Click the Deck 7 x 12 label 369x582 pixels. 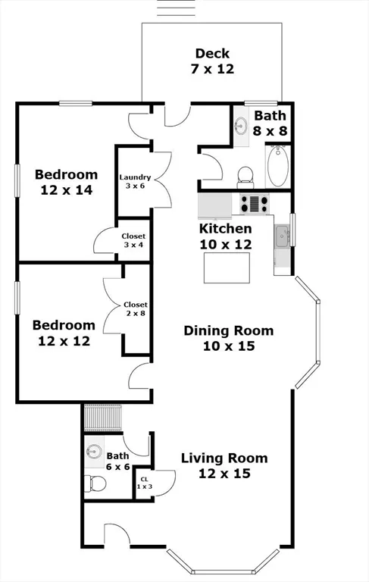(x=212, y=61)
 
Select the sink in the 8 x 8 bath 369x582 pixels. (x=242, y=125)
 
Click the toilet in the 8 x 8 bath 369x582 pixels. (x=245, y=175)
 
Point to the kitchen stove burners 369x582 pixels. (x=255, y=204)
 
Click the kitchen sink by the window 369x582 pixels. (x=282, y=236)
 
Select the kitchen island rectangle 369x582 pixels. (x=227, y=268)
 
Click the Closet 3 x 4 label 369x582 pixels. (x=134, y=240)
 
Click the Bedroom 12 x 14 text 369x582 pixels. (x=66, y=182)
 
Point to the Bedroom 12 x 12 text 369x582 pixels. (x=64, y=333)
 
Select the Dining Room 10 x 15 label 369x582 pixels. (x=229, y=338)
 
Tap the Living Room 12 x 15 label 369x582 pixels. (x=224, y=465)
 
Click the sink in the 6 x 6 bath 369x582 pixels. (x=93, y=452)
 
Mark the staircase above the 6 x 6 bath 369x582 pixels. (x=102, y=418)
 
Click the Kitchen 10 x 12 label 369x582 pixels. (x=225, y=236)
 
